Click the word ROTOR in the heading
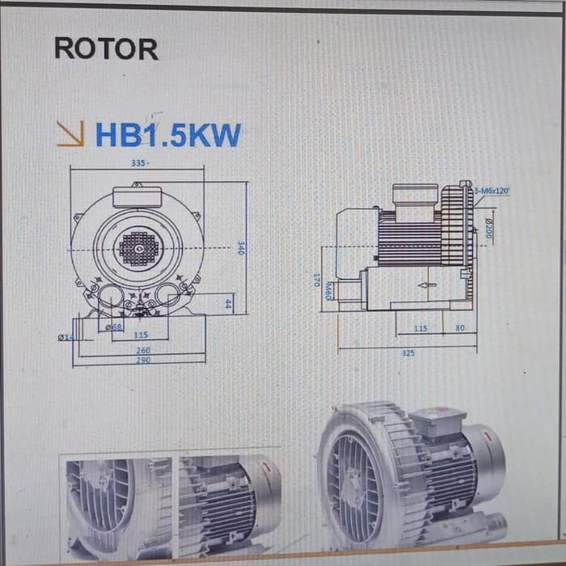point(106,49)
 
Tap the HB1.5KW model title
point(168,135)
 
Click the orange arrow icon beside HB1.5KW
point(70,133)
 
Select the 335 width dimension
point(138,163)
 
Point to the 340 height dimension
point(240,248)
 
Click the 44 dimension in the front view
point(228,304)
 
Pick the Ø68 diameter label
point(114,327)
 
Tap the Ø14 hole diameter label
point(65,337)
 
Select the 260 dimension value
point(142,350)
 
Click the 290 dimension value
point(142,359)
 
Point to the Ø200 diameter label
point(488,228)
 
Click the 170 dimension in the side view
point(317,279)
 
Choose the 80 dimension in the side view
point(460,328)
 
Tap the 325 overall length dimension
point(408,353)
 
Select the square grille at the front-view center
point(137,248)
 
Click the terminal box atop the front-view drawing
point(137,196)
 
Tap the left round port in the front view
point(109,296)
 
